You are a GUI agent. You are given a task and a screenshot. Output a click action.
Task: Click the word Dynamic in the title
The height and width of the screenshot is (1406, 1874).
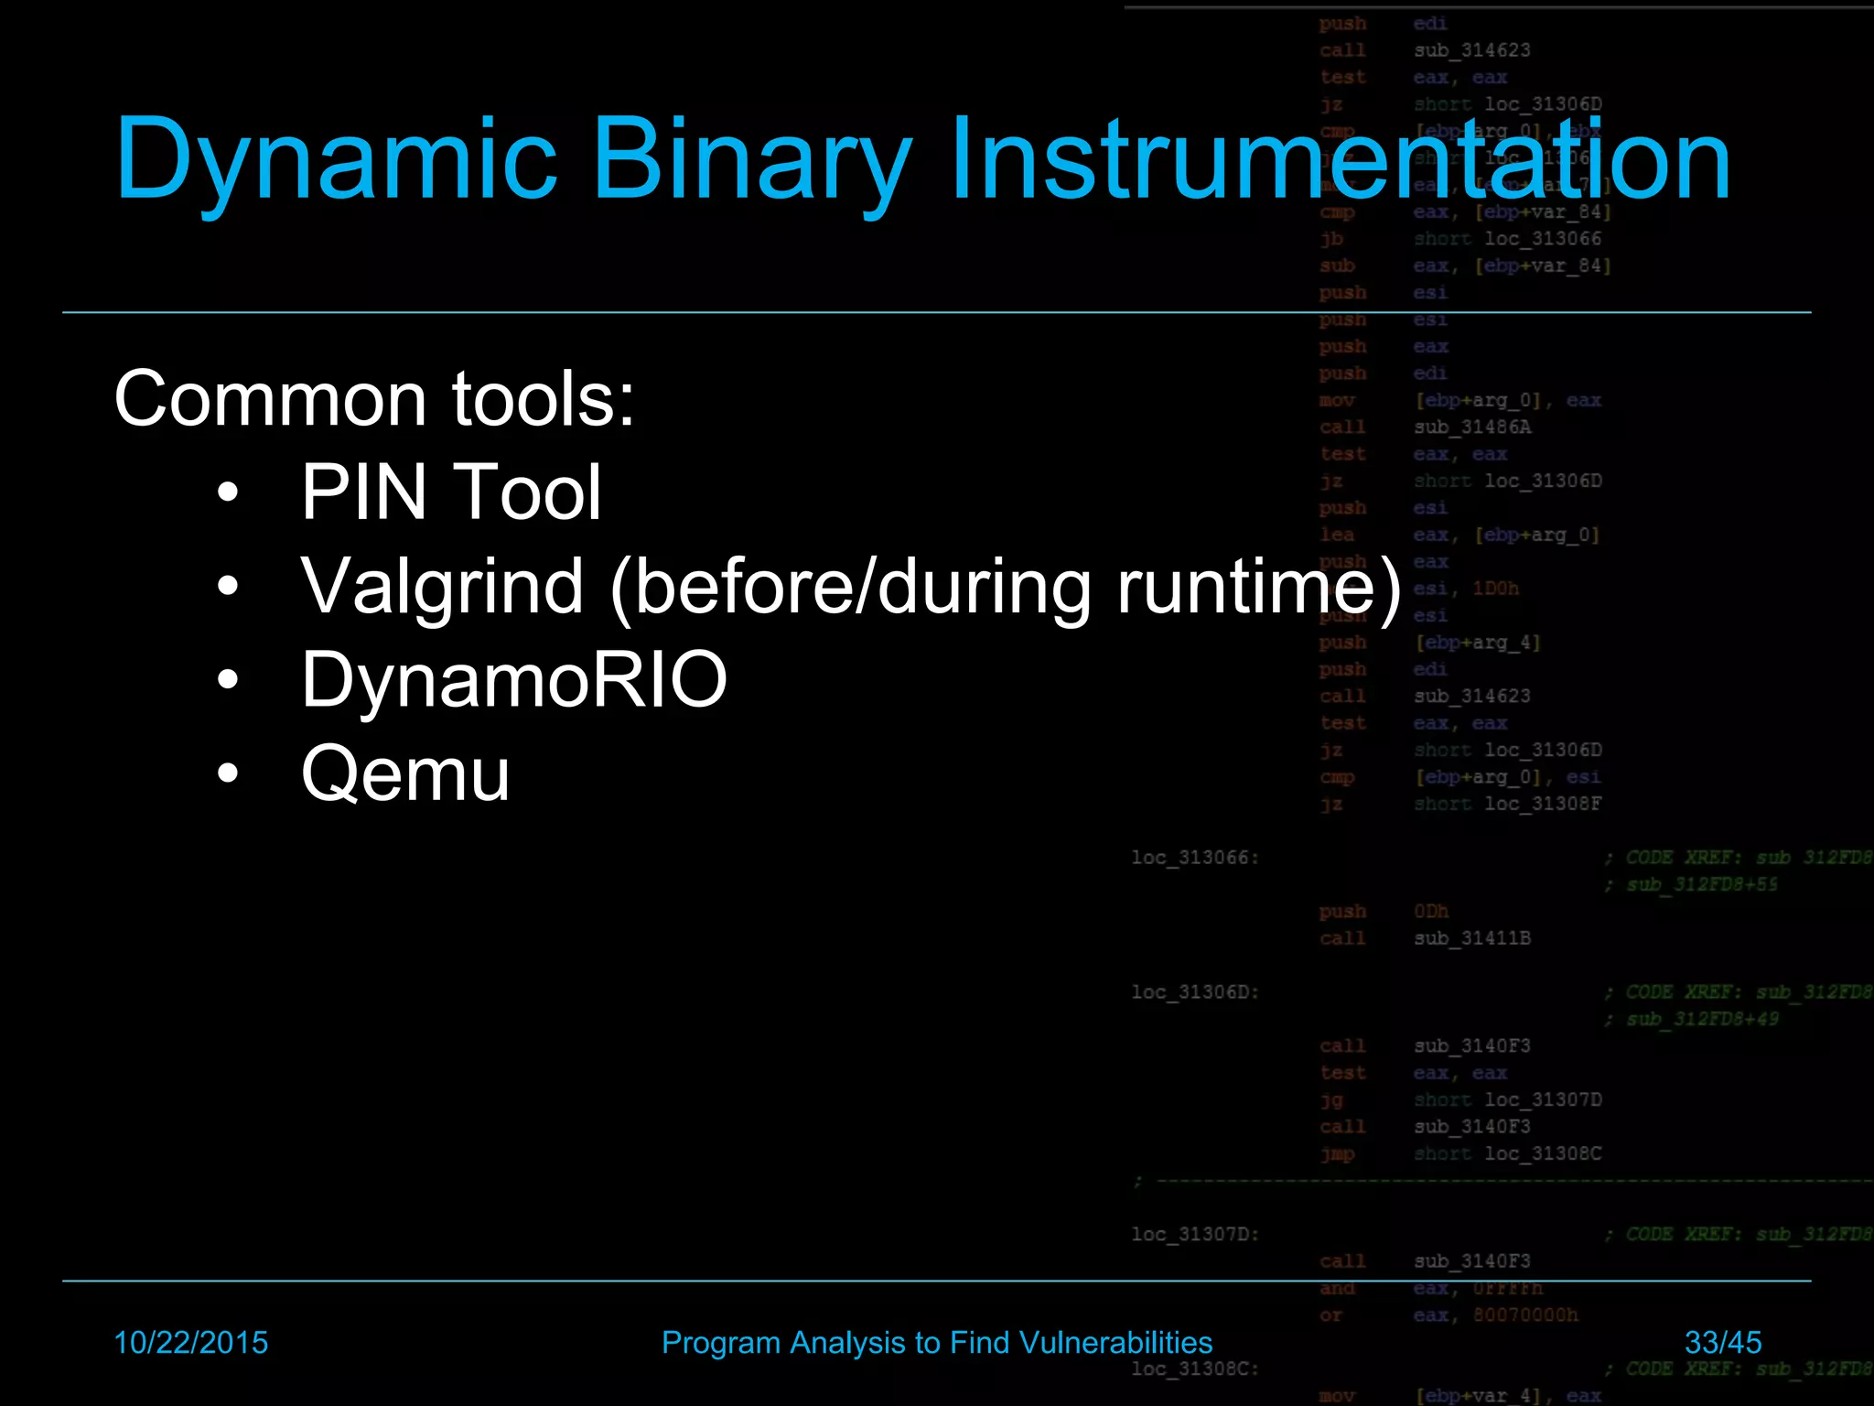tap(335, 160)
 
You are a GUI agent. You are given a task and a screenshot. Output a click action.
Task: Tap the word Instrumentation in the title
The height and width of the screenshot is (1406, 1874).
tap(1340, 160)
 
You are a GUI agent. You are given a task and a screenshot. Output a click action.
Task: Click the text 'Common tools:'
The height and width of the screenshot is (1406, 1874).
tap(374, 399)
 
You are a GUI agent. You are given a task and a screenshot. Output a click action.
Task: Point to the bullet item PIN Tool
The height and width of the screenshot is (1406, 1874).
tap(451, 492)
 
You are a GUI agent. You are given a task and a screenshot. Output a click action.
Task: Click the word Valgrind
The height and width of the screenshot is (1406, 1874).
tap(442, 586)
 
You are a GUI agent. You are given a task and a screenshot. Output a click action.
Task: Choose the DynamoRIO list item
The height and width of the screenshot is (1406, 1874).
tap(514, 679)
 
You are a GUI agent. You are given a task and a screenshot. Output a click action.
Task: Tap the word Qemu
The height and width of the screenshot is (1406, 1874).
tap(405, 774)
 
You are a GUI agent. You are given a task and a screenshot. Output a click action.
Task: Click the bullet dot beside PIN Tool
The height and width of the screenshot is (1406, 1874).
tap(228, 493)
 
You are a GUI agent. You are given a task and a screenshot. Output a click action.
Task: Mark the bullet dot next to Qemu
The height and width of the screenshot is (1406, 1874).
tap(228, 774)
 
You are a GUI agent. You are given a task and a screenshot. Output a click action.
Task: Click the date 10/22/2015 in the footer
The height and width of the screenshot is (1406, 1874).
tap(190, 1342)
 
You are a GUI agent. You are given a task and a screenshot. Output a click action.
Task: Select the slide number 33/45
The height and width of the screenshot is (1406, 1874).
tap(1723, 1342)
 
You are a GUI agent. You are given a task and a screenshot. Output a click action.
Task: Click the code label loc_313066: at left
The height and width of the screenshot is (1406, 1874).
tap(1195, 858)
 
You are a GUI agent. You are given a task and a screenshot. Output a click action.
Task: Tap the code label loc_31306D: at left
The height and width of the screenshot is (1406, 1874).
tap(1195, 992)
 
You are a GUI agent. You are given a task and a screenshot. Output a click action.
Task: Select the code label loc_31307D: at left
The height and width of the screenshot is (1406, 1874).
tap(1195, 1234)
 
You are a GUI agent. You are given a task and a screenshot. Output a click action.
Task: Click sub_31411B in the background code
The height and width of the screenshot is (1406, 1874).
tap(1472, 938)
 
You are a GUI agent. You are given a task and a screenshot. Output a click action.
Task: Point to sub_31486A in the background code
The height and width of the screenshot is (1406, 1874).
tap(1472, 427)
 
